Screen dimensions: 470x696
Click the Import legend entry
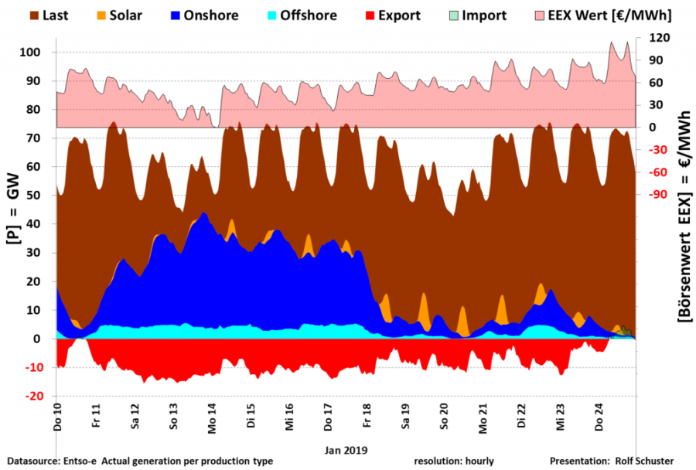(484, 15)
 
